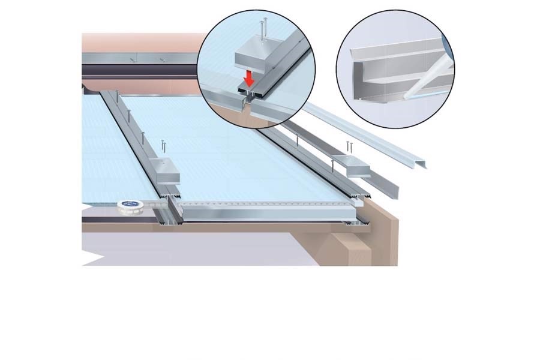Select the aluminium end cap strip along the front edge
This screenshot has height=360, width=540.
coord(264,212)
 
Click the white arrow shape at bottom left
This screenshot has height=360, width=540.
coord(90,258)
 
